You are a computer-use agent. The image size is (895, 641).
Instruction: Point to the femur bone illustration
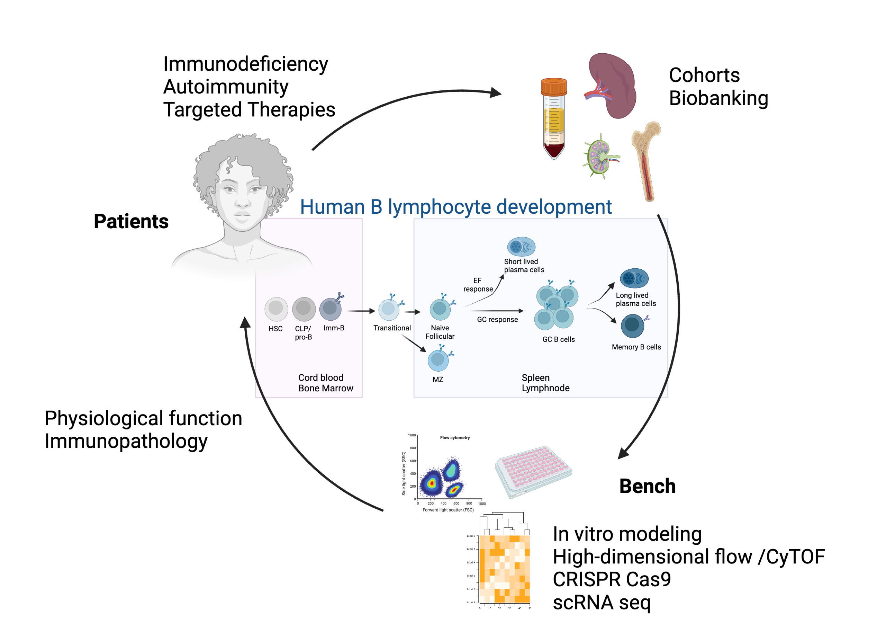646,160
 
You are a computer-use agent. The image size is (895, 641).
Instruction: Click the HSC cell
276,308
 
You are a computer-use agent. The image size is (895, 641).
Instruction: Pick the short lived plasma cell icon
521,247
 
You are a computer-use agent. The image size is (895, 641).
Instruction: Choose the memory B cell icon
632,326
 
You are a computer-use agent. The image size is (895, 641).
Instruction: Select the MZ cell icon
438,359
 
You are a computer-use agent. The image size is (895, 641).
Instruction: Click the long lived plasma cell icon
633,278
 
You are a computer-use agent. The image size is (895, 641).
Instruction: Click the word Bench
647,486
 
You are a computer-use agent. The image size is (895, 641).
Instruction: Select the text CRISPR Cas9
612,579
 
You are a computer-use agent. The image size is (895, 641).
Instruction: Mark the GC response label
497,319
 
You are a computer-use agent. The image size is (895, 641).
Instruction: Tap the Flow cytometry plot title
454,437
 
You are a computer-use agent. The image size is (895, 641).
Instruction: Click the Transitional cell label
392,328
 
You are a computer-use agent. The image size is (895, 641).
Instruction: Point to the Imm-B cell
330,309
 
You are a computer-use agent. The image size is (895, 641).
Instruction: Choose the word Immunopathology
126,441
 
